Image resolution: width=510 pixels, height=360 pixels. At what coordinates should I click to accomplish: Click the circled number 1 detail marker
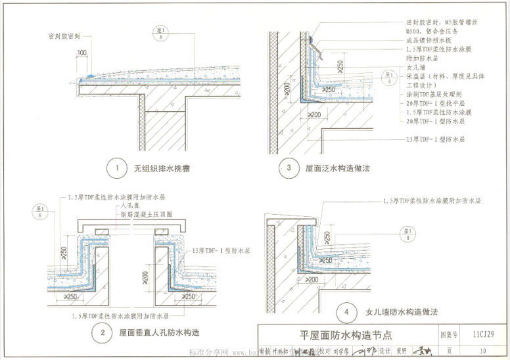click(116, 169)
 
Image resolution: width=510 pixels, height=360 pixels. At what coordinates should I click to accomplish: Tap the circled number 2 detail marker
click(103, 333)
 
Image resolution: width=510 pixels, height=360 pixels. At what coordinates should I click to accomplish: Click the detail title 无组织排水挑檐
click(162, 169)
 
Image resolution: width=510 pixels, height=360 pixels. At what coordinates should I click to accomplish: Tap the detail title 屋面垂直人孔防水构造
click(160, 333)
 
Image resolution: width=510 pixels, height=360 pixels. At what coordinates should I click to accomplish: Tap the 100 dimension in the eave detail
click(81, 53)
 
